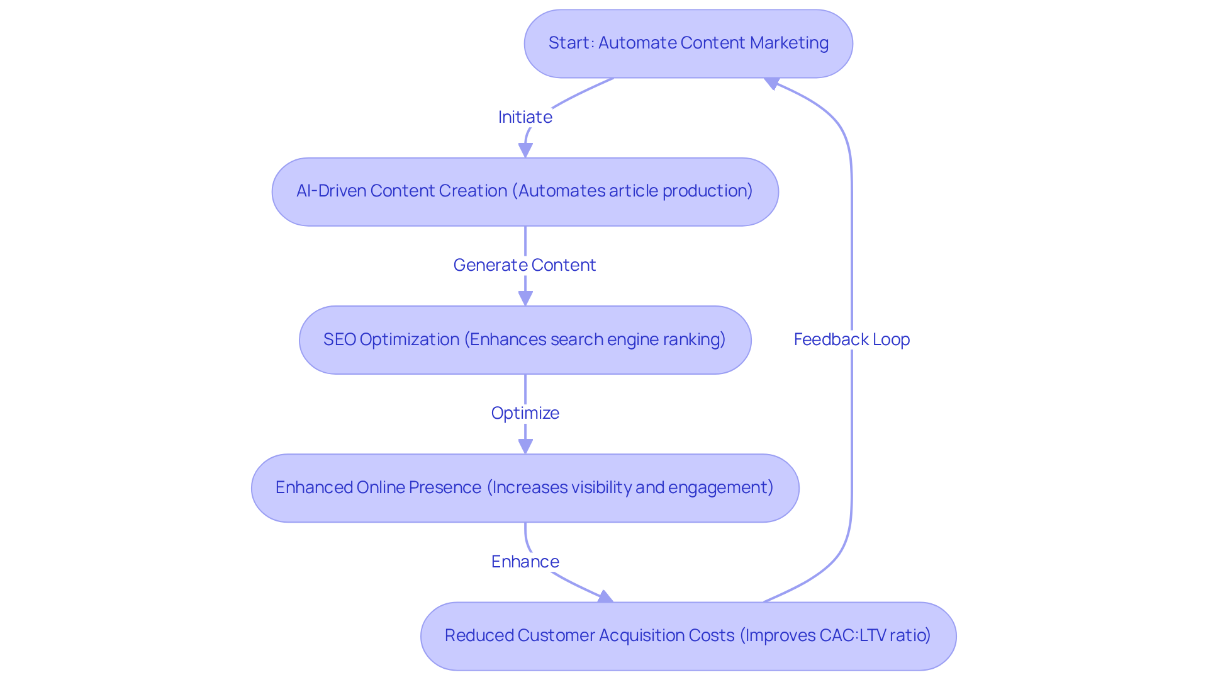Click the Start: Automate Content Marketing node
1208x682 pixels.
tap(688, 43)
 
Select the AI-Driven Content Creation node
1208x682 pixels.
tap(525, 191)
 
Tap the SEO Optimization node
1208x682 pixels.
tap(525, 340)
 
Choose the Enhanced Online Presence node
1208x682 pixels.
tap(525, 488)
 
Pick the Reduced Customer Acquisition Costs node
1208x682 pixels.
tap(688, 636)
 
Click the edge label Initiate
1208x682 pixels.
tap(525, 117)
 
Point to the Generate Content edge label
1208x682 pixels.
tap(525, 265)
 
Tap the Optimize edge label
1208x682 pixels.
tap(525, 413)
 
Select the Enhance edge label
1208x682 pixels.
tap(525, 562)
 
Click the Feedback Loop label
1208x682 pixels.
tap(851, 339)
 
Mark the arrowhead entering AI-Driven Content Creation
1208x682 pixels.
tap(525, 151)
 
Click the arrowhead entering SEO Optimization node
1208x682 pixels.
tap(525, 298)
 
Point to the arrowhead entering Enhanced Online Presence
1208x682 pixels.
tap(525, 446)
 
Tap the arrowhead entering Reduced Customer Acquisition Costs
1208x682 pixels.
tap(605, 596)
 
